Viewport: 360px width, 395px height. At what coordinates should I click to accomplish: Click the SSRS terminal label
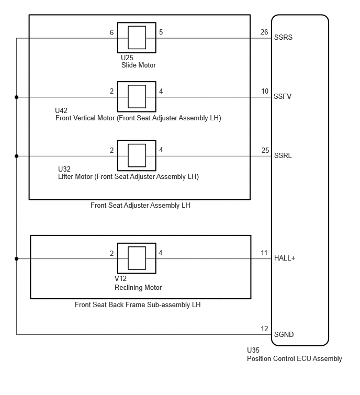[283, 37]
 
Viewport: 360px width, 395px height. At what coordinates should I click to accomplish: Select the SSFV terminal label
[283, 96]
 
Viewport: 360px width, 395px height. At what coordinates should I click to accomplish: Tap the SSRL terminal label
[283, 156]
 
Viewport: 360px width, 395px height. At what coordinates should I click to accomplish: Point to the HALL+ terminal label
[285, 258]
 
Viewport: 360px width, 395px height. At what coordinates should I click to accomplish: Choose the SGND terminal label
[284, 334]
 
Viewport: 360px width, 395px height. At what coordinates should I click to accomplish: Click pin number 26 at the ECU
[264, 32]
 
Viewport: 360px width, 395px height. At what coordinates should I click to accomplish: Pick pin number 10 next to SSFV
[265, 91]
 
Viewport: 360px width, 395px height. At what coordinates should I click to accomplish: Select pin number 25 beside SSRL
[265, 150]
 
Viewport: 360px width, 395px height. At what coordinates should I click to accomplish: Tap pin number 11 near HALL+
[264, 253]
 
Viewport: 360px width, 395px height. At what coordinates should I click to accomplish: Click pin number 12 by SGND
[264, 329]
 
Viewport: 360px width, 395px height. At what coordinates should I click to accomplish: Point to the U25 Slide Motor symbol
[137, 38]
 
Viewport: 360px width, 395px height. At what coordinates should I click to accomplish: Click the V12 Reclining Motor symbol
[137, 258]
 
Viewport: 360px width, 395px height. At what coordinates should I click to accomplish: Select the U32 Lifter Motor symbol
[137, 156]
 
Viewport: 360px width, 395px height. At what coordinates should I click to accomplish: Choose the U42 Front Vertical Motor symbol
[137, 97]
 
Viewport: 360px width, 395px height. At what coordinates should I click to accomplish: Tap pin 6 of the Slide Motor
[111, 32]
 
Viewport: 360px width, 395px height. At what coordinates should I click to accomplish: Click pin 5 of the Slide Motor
[161, 32]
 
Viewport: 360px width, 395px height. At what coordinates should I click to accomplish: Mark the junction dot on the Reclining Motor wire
[17, 259]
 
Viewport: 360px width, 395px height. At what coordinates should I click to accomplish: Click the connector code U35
[253, 350]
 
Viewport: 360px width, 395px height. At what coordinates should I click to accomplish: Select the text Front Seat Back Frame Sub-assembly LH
[138, 305]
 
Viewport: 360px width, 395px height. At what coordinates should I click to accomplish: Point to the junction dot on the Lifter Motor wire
[17, 156]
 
